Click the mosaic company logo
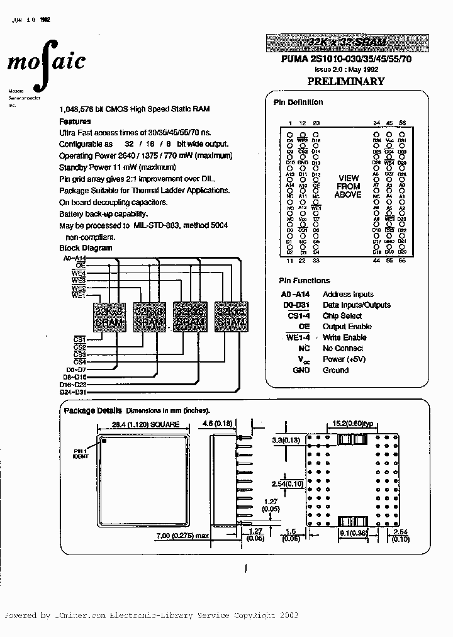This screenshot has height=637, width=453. point(46,62)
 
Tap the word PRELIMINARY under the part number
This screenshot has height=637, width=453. point(345,81)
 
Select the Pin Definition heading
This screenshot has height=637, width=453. point(298,102)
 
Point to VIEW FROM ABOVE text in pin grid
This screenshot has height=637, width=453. point(348,186)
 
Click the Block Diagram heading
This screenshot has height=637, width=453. point(86,248)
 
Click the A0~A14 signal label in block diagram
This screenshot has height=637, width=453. point(74,259)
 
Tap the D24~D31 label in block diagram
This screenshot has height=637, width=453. point(72,392)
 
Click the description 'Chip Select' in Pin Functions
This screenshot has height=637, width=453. point(342,316)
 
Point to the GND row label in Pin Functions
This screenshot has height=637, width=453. point(301,370)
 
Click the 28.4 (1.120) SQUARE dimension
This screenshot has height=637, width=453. point(145,424)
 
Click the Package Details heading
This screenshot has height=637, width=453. point(88,410)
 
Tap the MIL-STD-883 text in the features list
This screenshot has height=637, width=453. point(159,225)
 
